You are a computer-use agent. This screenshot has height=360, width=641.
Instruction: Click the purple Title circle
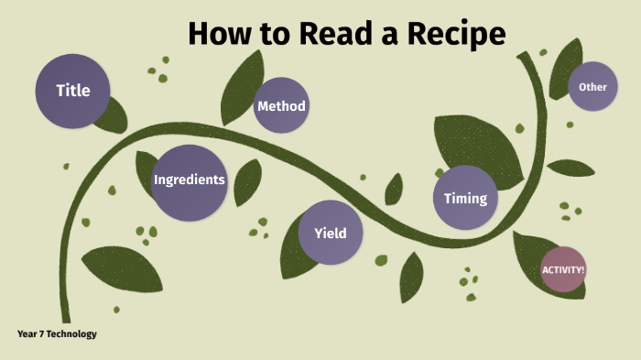[73, 91]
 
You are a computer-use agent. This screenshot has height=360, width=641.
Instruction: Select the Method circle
[280, 106]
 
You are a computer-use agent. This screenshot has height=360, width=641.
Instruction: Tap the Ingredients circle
[189, 180]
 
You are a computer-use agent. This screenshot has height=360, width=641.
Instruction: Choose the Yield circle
[330, 233]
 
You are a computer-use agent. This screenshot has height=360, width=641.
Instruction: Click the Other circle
[593, 87]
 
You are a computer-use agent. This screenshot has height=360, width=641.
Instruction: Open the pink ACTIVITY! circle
[563, 269]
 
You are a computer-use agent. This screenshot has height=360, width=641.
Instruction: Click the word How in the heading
[217, 34]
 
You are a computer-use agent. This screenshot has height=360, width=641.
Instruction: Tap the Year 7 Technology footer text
[56, 334]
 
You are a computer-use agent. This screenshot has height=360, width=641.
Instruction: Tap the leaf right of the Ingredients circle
[247, 183]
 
